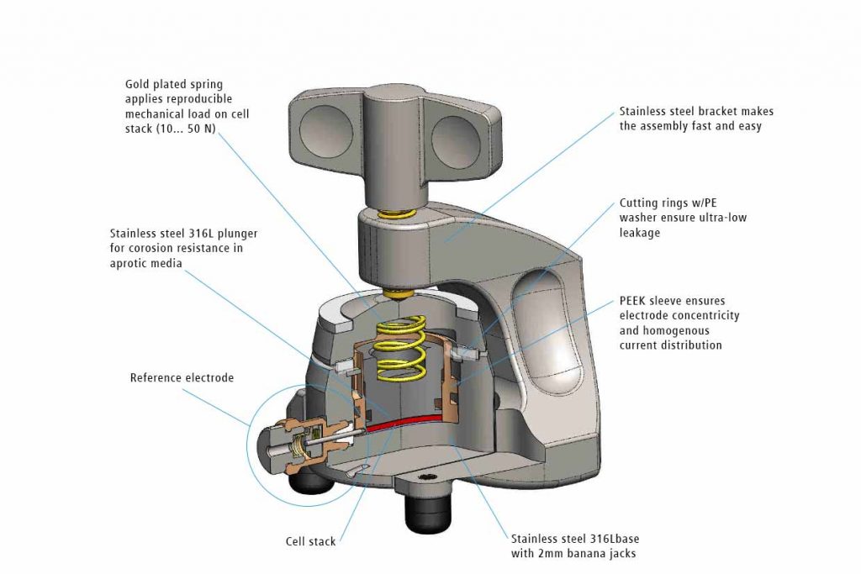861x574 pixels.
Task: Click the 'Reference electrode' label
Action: point(182,378)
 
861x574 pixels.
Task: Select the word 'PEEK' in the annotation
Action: point(634,300)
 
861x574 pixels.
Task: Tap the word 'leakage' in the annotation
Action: point(640,234)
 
